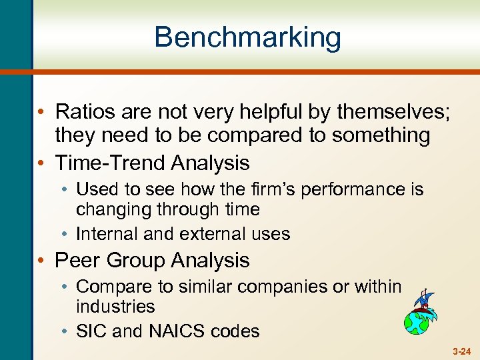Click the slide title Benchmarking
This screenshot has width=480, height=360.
coord(247,37)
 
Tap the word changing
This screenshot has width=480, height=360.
coord(114,209)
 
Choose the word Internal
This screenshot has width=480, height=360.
coord(107,233)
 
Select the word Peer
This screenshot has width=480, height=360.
coord(79,260)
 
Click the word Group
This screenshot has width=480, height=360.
coord(142,260)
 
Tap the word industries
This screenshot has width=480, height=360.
coord(115,307)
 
